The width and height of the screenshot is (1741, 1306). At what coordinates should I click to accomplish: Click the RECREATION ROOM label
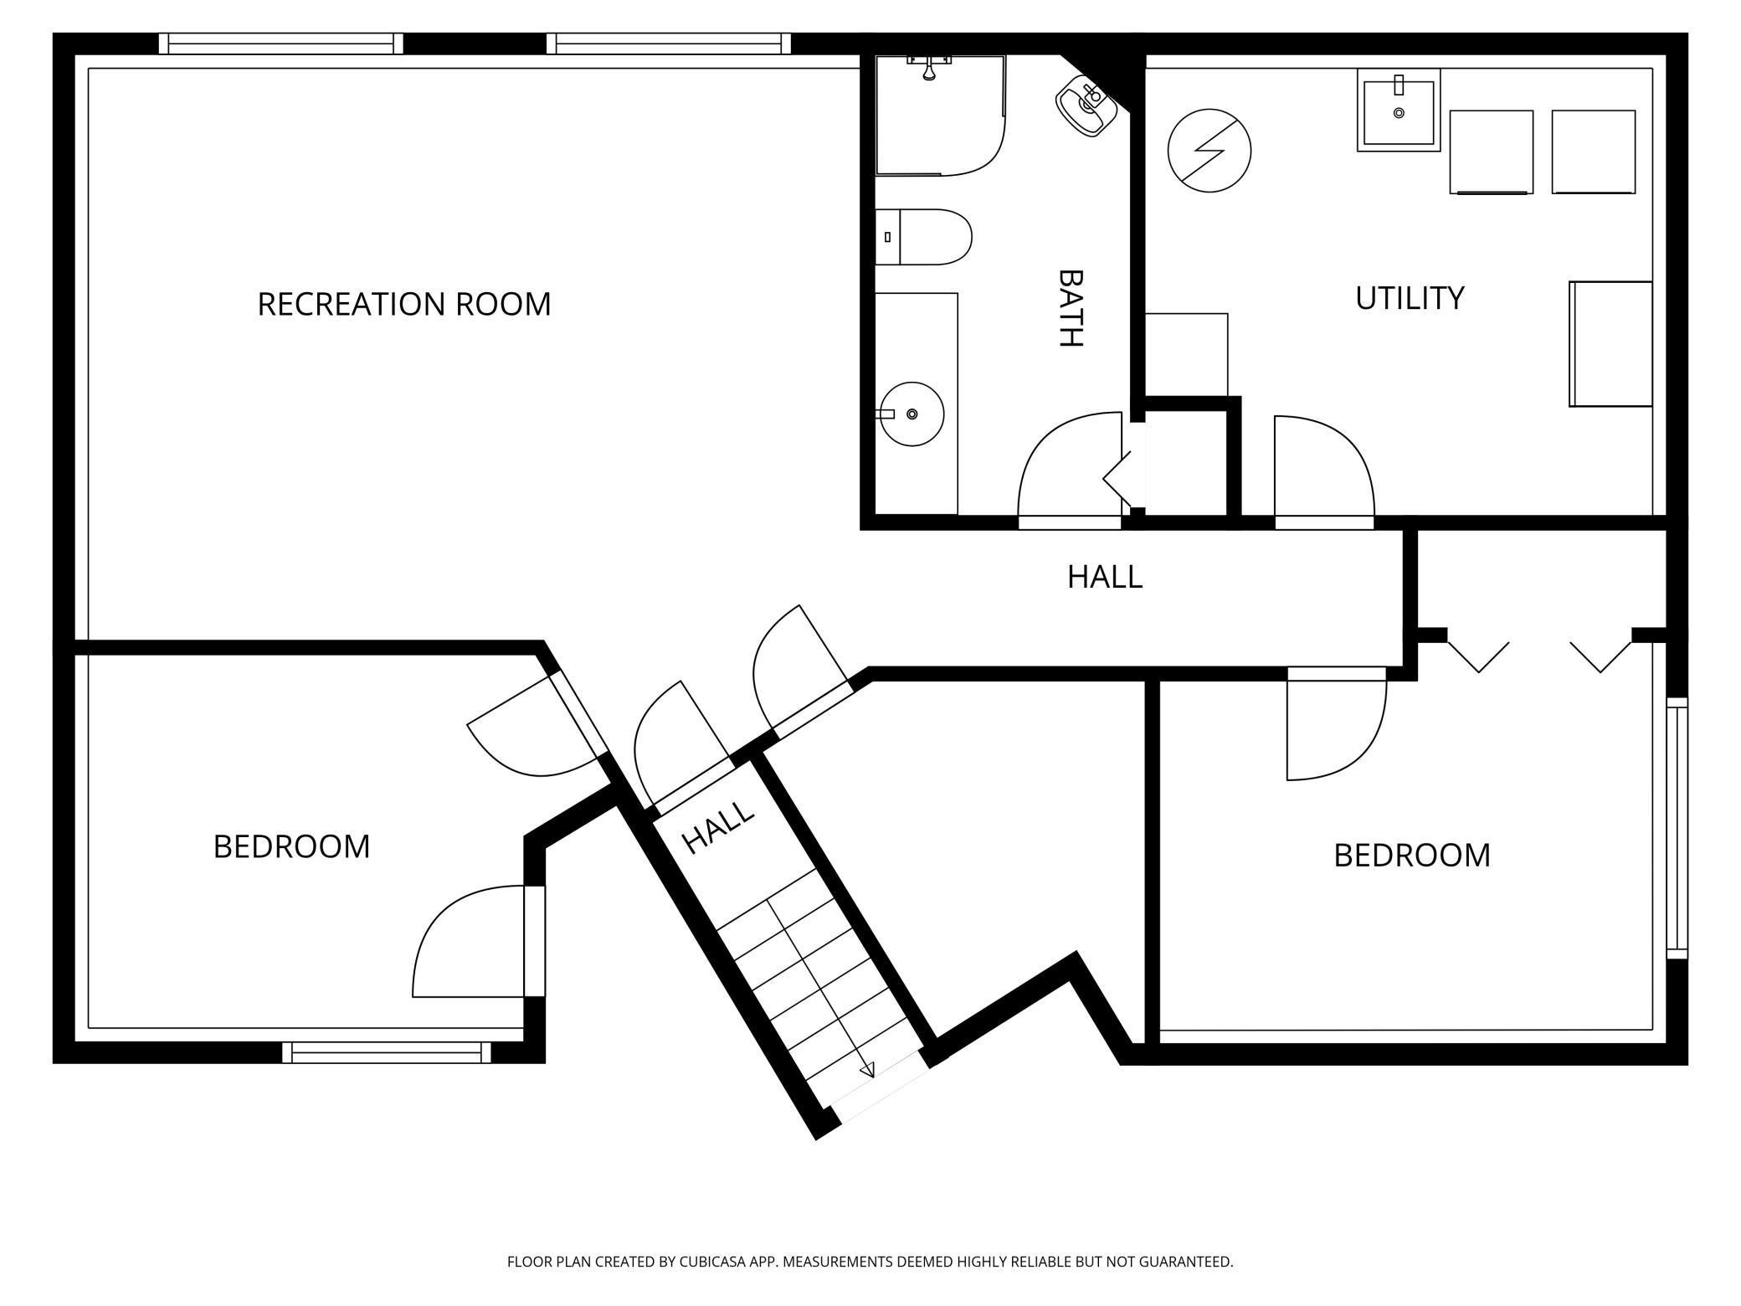click(x=404, y=304)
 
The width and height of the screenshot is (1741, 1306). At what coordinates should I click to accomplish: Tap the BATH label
click(x=1071, y=308)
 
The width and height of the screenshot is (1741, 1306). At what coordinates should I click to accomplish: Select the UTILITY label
click(x=1410, y=298)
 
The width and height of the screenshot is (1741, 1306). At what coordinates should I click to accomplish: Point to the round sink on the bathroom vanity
click(x=912, y=414)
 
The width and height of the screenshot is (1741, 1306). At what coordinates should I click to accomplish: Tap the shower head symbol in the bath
click(x=929, y=67)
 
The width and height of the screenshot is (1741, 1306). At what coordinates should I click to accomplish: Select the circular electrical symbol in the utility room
click(x=1209, y=151)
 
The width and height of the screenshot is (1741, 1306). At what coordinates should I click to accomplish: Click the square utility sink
click(x=1399, y=111)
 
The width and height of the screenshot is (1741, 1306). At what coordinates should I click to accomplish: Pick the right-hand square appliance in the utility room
click(x=1594, y=152)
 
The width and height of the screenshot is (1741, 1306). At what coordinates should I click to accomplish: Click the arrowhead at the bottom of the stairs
click(x=868, y=1069)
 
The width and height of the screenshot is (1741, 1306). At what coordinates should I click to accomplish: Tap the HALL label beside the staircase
click(x=719, y=826)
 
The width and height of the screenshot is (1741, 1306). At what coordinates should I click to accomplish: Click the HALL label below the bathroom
click(x=1105, y=577)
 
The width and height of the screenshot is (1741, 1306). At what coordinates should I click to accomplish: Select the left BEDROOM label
click(x=291, y=846)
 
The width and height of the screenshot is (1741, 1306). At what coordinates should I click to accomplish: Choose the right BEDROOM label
click(x=1412, y=855)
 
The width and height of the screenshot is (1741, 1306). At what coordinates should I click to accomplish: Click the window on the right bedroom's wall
click(x=1677, y=828)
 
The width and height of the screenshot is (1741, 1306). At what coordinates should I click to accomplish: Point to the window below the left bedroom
click(x=387, y=1052)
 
